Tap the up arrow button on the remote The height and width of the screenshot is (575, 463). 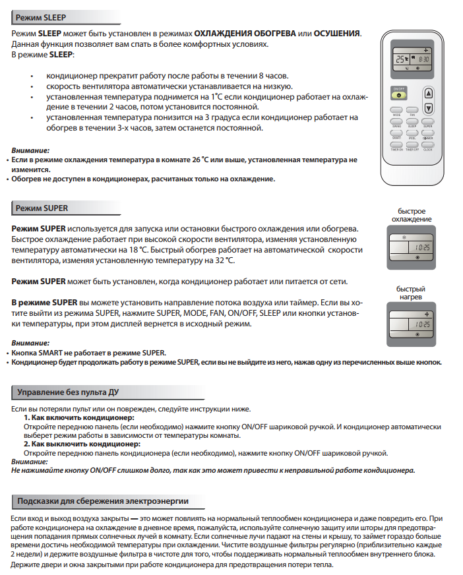pyautogui.click(x=428, y=94)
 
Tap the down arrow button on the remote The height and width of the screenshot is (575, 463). pyautogui.click(x=428, y=107)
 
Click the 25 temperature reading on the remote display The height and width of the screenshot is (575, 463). pyautogui.click(x=400, y=59)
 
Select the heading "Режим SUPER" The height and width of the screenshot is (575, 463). pyautogui.click(x=42, y=208)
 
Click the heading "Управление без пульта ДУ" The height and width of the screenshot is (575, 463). pyautogui.click(x=68, y=394)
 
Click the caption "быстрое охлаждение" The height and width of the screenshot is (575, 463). pyautogui.click(x=412, y=215)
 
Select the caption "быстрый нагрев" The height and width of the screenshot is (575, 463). pyautogui.click(x=411, y=293)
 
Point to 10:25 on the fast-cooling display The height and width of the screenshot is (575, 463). pyautogui.click(x=423, y=247)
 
